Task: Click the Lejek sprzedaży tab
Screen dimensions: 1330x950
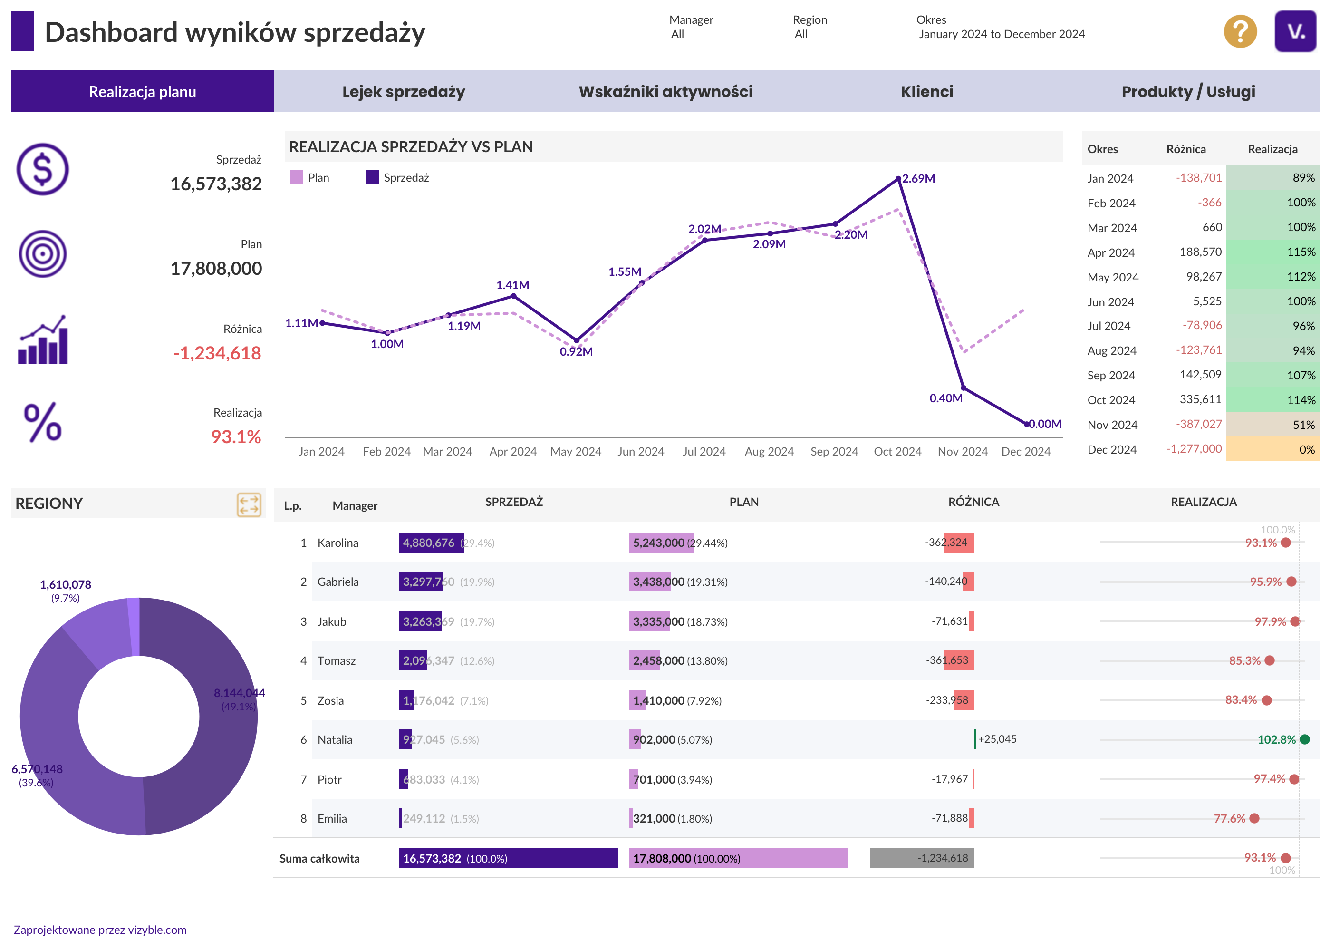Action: click(x=404, y=91)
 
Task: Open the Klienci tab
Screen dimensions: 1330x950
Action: click(x=926, y=91)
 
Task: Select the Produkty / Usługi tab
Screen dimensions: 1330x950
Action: click(x=1188, y=91)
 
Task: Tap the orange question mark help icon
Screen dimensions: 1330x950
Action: click(x=1240, y=31)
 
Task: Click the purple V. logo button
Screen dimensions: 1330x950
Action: click(x=1295, y=31)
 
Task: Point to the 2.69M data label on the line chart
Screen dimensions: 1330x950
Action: click(x=918, y=178)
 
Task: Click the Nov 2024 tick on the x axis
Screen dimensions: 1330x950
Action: click(x=962, y=452)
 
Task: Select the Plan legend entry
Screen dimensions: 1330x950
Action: click(x=310, y=177)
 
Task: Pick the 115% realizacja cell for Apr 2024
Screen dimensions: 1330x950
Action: click(x=1272, y=252)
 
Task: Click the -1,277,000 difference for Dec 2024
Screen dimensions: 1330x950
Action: click(x=1194, y=449)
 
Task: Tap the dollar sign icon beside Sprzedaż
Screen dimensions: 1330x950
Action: click(x=43, y=169)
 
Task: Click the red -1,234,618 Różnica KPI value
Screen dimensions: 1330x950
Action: click(x=217, y=353)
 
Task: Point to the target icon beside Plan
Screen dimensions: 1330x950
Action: click(x=43, y=254)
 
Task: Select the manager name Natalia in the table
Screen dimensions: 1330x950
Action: click(x=335, y=739)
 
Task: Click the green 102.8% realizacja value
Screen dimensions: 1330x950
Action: click(x=1276, y=739)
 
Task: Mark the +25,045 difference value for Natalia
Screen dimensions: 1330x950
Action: click(x=997, y=739)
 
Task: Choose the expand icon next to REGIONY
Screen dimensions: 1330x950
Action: click(x=249, y=504)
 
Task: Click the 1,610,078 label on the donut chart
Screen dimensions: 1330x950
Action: click(x=66, y=584)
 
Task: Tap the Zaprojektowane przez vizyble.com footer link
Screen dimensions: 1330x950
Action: click(x=100, y=930)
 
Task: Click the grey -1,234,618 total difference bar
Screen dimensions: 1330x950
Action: click(x=922, y=858)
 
